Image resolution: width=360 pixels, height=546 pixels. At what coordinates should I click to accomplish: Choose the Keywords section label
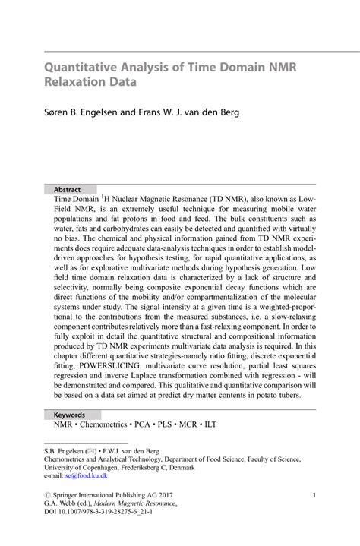pos(69,415)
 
